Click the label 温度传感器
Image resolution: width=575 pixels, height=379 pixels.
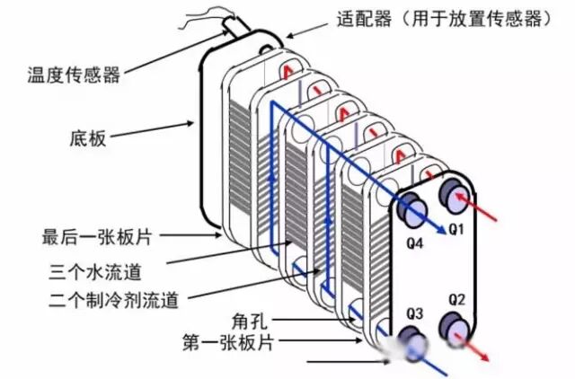click(74, 75)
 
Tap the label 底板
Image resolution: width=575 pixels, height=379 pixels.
click(88, 138)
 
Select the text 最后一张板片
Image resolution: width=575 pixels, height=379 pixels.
click(97, 237)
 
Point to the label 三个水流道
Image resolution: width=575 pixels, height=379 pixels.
click(95, 272)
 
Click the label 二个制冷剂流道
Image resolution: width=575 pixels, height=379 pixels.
click(114, 300)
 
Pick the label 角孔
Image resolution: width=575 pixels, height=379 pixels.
click(250, 322)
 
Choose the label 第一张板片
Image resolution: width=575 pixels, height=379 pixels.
click(228, 343)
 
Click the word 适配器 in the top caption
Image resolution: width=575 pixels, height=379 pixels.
click(364, 18)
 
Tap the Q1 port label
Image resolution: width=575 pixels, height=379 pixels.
click(456, 230)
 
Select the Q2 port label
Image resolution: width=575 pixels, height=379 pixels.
click(457, 300)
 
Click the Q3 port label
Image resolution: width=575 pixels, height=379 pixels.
click(415, 313)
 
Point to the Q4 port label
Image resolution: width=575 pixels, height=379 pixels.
click(415, 243)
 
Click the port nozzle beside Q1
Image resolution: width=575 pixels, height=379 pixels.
click(455, 195)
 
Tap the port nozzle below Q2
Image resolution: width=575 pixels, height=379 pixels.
click(455, 329)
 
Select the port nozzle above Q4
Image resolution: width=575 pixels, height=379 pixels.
click(412, 209)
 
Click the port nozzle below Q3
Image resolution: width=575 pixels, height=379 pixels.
click(412, 344)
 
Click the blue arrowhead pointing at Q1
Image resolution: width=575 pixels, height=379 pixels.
click(440, 229)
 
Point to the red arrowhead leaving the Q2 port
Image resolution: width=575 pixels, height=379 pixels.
click(484, 357)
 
